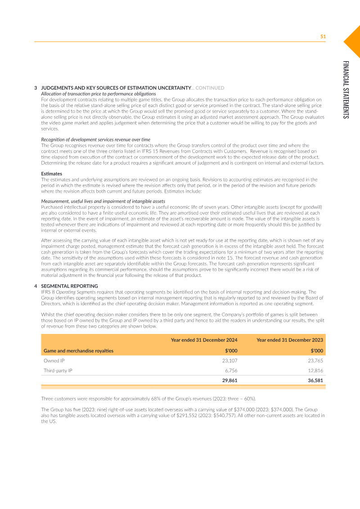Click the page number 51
[x=323, y=36]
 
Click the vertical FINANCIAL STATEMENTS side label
[x=345, y=90]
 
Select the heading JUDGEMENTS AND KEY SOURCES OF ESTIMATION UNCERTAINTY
[x=116, y=88]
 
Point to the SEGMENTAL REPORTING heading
[x=69, y=286]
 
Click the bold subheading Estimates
[x=51, y=173]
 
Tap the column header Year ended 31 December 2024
[x=204, y=340]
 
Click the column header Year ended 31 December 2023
[x=289, y=340]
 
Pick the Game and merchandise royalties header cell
[x=78, y=351]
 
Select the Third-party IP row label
[x=58, y=370]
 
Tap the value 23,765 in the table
[x=315, y=360]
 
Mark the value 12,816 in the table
[x=315, y=370]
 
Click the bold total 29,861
[x=229, y=380]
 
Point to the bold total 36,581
[x=315, y=380]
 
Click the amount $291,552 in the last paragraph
[x=189, y=415]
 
